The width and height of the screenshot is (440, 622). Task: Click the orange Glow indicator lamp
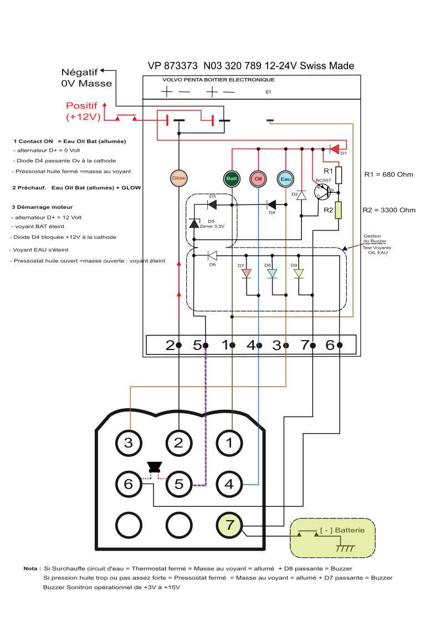178,178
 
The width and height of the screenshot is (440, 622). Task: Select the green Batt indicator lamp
232,178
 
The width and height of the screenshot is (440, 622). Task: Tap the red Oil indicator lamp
258,178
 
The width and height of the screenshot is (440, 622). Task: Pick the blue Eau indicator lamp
285,178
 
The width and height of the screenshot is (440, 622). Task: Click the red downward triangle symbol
246,273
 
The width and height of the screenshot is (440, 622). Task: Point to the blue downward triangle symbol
272,273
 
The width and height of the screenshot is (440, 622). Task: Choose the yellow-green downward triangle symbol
298,273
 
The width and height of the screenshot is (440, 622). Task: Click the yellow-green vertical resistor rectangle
337,210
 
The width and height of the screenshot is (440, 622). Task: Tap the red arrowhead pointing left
335,148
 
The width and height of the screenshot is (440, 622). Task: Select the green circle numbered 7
229,525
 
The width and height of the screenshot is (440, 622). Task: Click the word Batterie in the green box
349,531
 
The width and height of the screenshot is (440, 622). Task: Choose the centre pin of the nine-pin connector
179,484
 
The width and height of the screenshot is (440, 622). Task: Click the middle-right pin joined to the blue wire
229,484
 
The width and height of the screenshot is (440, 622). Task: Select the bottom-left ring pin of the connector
129,525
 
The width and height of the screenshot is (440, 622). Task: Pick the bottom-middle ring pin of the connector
179,525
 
